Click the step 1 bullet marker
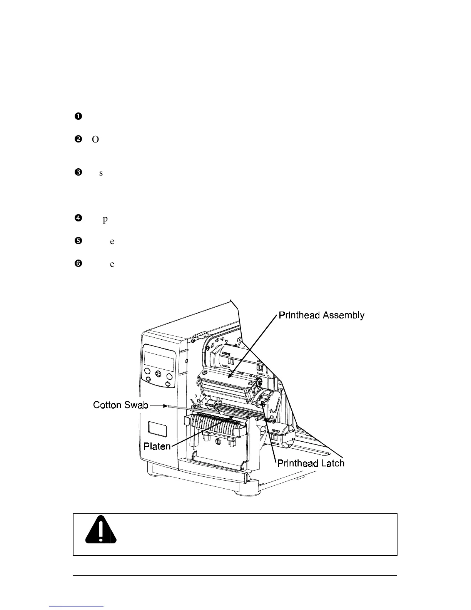78,116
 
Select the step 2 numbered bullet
78,139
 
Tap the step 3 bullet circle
78,173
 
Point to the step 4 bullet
78,218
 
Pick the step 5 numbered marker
78,241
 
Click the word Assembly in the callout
343,315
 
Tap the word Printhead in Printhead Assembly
299,315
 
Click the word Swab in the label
135,405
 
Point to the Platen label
157,446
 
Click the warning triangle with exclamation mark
101,530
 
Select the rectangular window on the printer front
157,429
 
